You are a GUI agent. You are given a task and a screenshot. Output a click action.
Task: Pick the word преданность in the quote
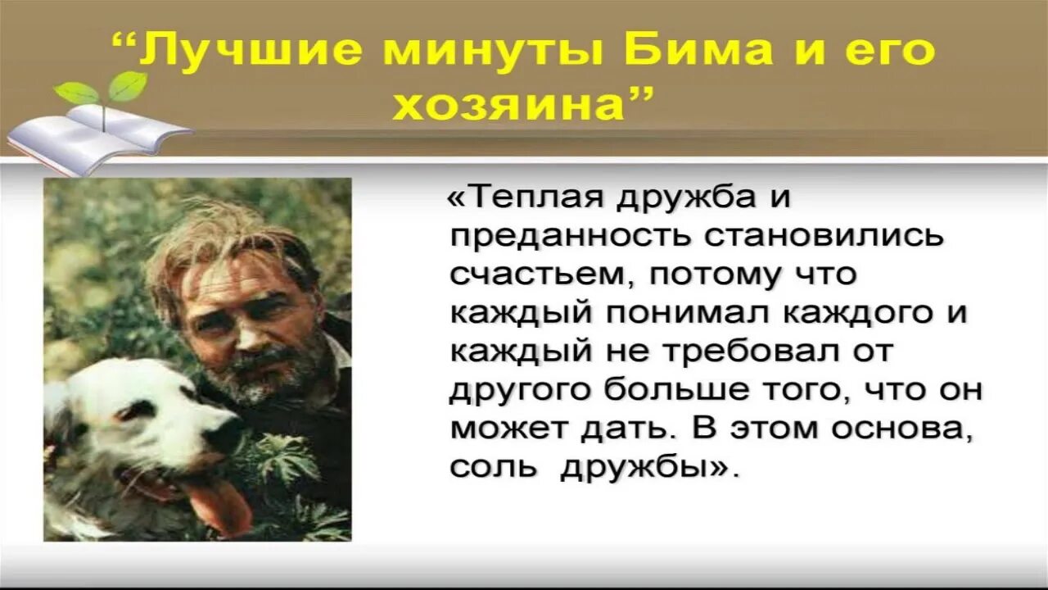[570, 237]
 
